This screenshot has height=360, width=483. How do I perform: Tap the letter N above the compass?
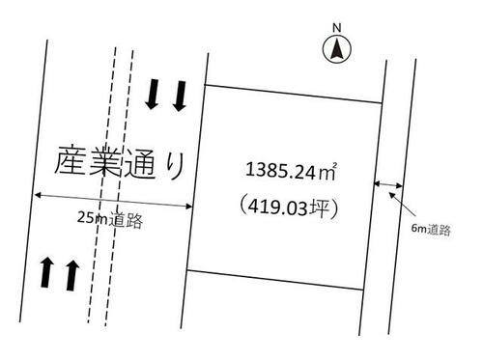click(x=337, y=28)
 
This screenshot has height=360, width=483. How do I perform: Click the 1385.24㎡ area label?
click(x=291, y=171)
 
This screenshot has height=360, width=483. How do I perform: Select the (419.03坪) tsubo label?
click(x=288, y=207)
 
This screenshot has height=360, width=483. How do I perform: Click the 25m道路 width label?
click(x=109, y=220)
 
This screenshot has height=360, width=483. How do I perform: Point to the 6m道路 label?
click(x=431, y=229)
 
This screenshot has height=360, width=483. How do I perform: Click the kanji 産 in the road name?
click(x=71, y=161)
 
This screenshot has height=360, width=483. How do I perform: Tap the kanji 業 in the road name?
click(x=105, y=162)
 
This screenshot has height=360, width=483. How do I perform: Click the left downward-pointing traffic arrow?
click(x=152, y=95)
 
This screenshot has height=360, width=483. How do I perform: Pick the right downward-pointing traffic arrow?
click(x=180, y=97)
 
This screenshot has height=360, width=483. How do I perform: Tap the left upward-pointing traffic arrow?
click(x=46, y=272)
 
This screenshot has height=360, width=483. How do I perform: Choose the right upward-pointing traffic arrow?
click(x=72, y=275)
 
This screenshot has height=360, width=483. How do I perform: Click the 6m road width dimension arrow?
click(x=388, y=184)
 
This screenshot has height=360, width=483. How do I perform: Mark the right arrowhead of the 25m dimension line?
click(x=191, y=207)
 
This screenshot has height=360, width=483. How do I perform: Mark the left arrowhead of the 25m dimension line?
click(x=35, y=195)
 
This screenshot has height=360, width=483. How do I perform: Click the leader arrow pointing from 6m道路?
click(x=402, y=205)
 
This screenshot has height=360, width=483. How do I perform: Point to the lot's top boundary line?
click(x=294, y=94)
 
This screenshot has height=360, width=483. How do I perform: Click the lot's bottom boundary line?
click(x=275, y=280)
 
